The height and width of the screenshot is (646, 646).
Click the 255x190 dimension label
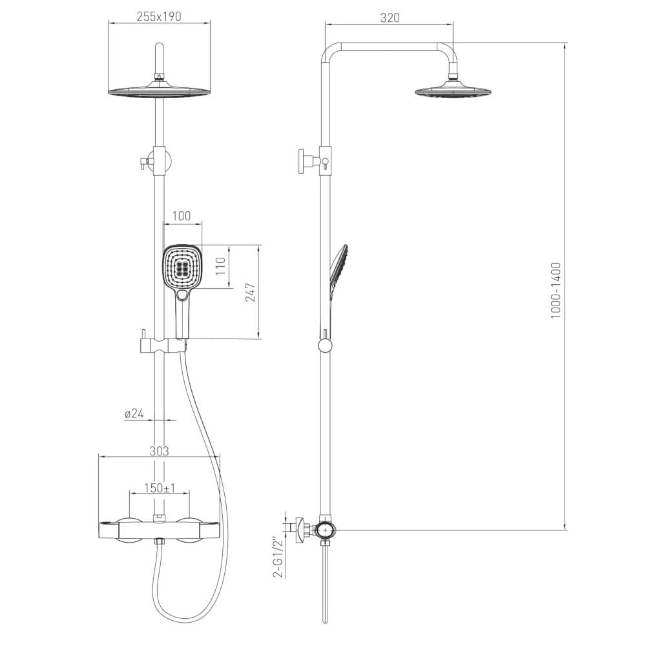[159, 17]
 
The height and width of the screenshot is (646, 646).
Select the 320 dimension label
[390, 17]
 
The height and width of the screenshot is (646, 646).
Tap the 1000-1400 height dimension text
[556, 290]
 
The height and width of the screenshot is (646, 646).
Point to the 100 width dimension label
[182, 216]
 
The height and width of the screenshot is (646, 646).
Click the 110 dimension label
[220, 266]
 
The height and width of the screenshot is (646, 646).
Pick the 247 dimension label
[251, 293]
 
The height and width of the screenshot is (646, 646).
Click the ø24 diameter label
[134, 413]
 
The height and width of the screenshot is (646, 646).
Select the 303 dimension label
[159, 451]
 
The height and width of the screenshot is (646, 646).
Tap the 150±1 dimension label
[160, 488]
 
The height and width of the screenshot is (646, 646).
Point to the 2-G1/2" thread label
[280, 557]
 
